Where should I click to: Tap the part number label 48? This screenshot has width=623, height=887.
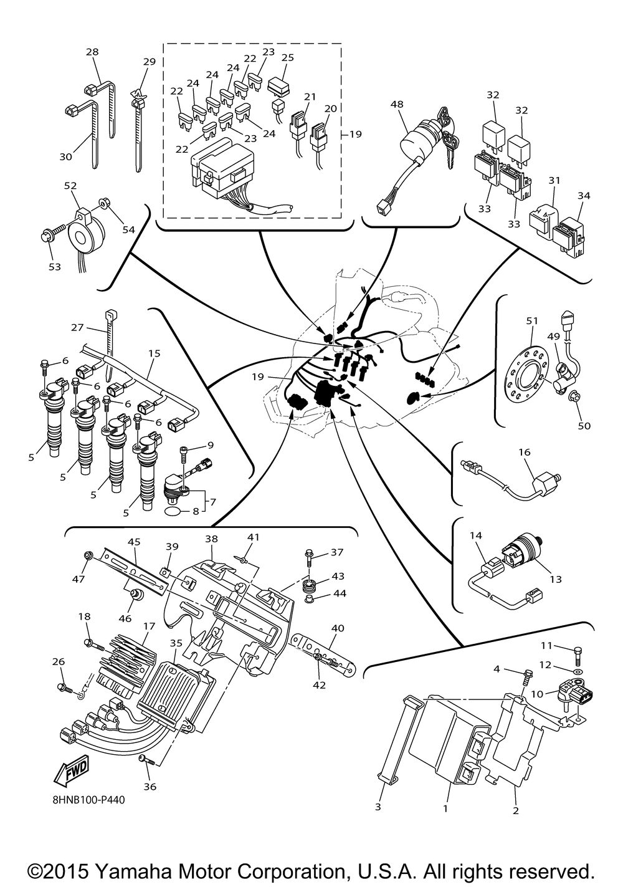point(397,105)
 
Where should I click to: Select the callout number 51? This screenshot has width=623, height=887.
point(531,321)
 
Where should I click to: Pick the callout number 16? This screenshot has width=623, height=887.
point(525,452)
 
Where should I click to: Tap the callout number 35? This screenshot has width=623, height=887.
point(176,643)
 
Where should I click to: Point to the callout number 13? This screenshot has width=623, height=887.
point(556,579)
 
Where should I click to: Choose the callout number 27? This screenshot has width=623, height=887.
point(77,327)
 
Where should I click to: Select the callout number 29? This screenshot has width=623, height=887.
point(149,62)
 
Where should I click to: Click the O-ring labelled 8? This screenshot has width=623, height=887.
point(176,511)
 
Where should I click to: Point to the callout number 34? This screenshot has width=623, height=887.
point(583,196)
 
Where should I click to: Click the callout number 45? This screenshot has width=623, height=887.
point(135,542)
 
